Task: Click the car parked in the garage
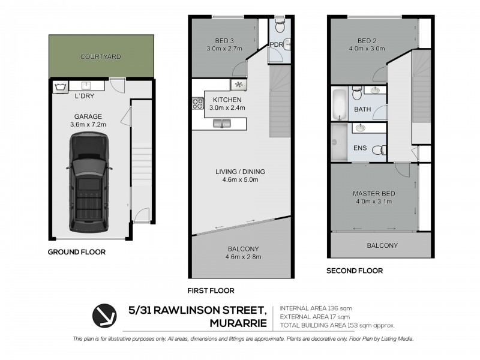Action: coord(91,183)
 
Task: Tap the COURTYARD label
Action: coord(101,57)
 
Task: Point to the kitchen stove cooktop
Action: coord(197,104)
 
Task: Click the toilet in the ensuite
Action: coord(379,150)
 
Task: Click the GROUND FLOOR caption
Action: coord(76,252)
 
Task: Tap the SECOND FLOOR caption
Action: coord(354,271)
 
